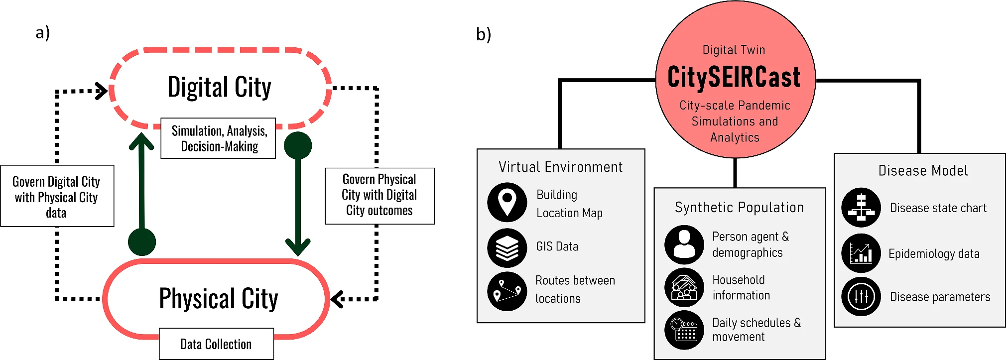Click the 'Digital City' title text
coord(219,88)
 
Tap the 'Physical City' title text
coord(218,299)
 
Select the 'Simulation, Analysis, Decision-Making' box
coord(218,138)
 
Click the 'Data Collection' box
coord(216,344)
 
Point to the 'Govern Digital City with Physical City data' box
coord(57,197)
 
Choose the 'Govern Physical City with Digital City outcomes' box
coord(379,195)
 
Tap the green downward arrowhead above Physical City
coord(298,246)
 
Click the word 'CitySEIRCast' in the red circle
coord(734,77)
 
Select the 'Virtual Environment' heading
coord(560,167)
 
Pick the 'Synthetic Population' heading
coord(739,207)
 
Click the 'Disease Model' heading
coord(923,171)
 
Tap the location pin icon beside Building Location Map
coord(507,202)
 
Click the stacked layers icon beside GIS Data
coord(507,248)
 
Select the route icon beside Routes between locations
coord(507,291)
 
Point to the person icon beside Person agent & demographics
coord(684,244)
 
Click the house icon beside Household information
coord(684,287)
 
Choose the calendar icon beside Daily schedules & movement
coord(684,330)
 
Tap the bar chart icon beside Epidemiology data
coord(861,253)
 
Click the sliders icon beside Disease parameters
coord(861,297)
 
